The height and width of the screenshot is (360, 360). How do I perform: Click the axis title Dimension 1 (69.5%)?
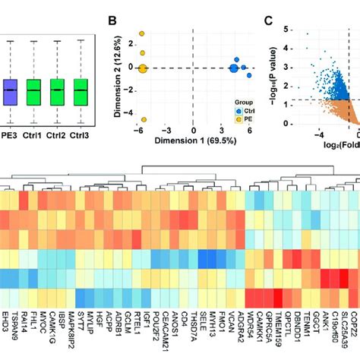point(193,141)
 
